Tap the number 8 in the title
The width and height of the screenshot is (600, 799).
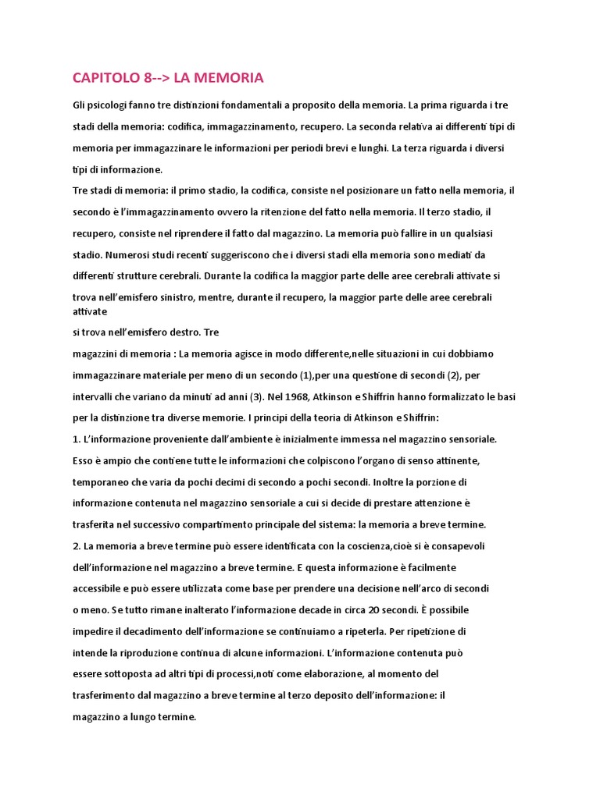(148, 78)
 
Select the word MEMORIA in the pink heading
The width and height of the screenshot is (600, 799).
(231, 78)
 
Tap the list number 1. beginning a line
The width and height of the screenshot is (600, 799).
(77, 439)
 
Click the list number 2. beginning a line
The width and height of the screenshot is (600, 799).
(77, 546)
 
